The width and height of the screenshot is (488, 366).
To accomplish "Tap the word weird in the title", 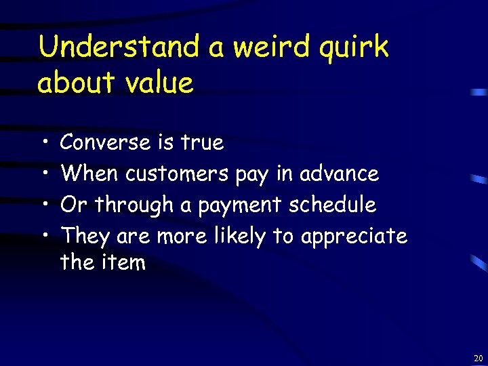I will point(271,48).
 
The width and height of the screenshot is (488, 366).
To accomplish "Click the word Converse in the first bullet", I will point(105,142).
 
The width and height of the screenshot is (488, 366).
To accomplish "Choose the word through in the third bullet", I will point(134,205).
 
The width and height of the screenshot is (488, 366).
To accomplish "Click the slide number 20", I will point(479,358).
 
